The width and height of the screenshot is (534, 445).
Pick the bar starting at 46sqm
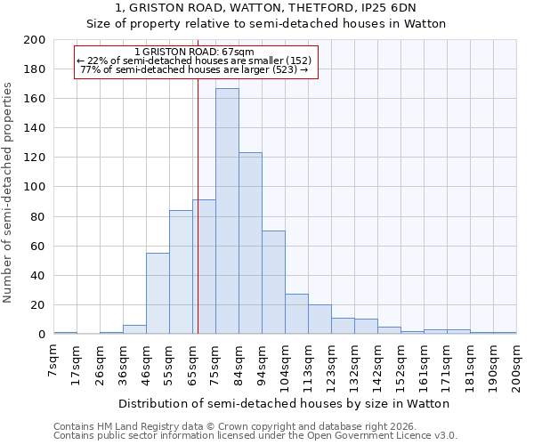click(x=158, y=294)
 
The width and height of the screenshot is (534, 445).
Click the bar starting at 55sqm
click(x=181, y=272)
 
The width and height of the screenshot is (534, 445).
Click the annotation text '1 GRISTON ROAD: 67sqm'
click(x=195, y=52)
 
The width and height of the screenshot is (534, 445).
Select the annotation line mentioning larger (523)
click(x=195, y=69)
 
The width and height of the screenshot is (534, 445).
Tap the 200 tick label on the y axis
click(x=35, y=40)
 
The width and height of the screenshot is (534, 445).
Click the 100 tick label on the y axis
click(x=35, y=187)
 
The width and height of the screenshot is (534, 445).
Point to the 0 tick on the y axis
click(x=41, y=335)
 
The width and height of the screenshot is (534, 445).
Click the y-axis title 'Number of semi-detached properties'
click(x=9, y=192)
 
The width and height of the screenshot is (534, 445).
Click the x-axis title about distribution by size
click(x=285, y=403)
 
